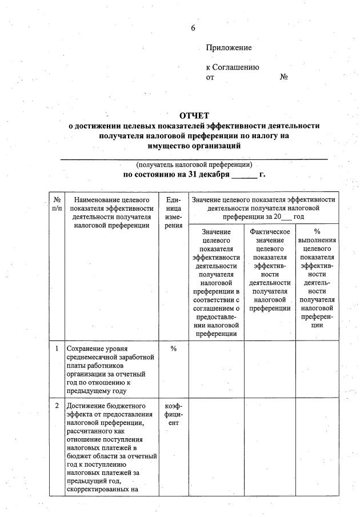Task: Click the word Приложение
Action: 229,48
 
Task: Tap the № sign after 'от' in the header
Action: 283,77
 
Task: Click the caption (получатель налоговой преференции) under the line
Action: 194,165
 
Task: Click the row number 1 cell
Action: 57,348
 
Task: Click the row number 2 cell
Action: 57,406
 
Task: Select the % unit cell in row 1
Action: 173,348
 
